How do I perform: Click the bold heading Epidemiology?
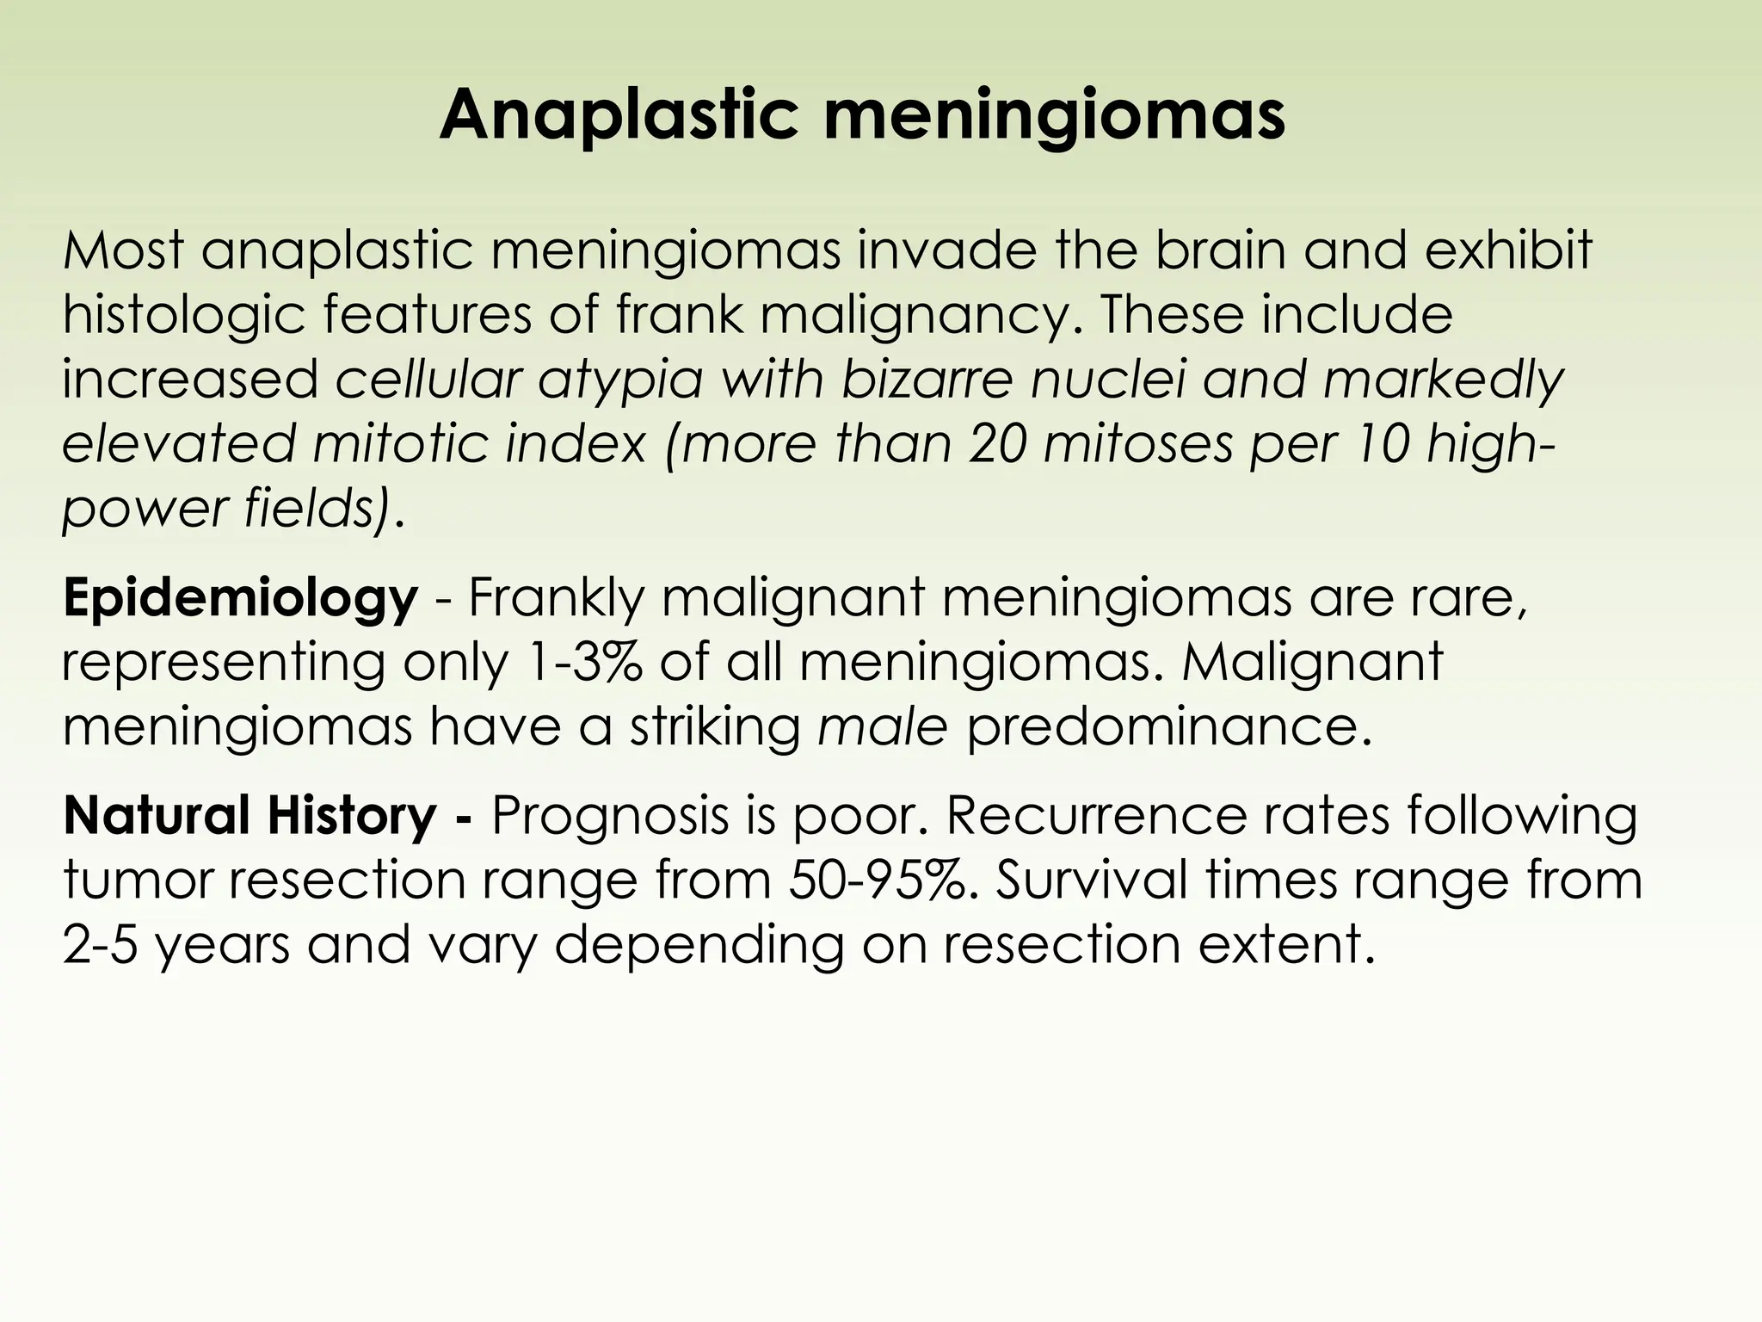(240, 599)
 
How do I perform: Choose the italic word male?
(882, 727)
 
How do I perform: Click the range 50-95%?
(880, 880)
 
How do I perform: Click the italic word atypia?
(621, 381)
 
